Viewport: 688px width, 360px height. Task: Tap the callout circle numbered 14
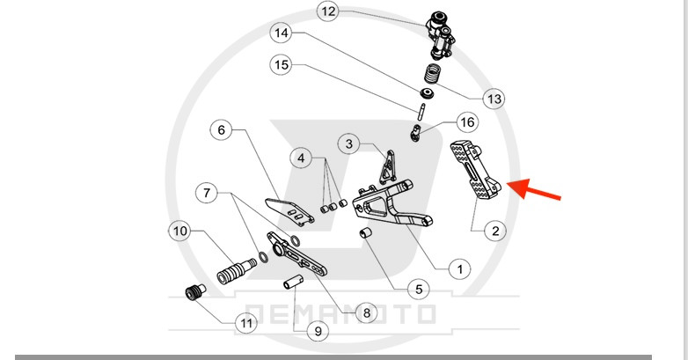coord(281,35)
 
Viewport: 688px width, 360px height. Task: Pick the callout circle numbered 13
coord(494,99)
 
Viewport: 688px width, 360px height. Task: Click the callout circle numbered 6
coord(222,130)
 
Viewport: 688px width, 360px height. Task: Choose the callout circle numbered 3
coord(349,143)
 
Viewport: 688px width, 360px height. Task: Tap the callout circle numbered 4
coord(302,158)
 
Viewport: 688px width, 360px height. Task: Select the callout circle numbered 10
coord(180,231)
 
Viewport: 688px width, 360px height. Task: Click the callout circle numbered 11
coord(246,323)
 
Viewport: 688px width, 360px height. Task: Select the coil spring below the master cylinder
coord(432,74)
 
